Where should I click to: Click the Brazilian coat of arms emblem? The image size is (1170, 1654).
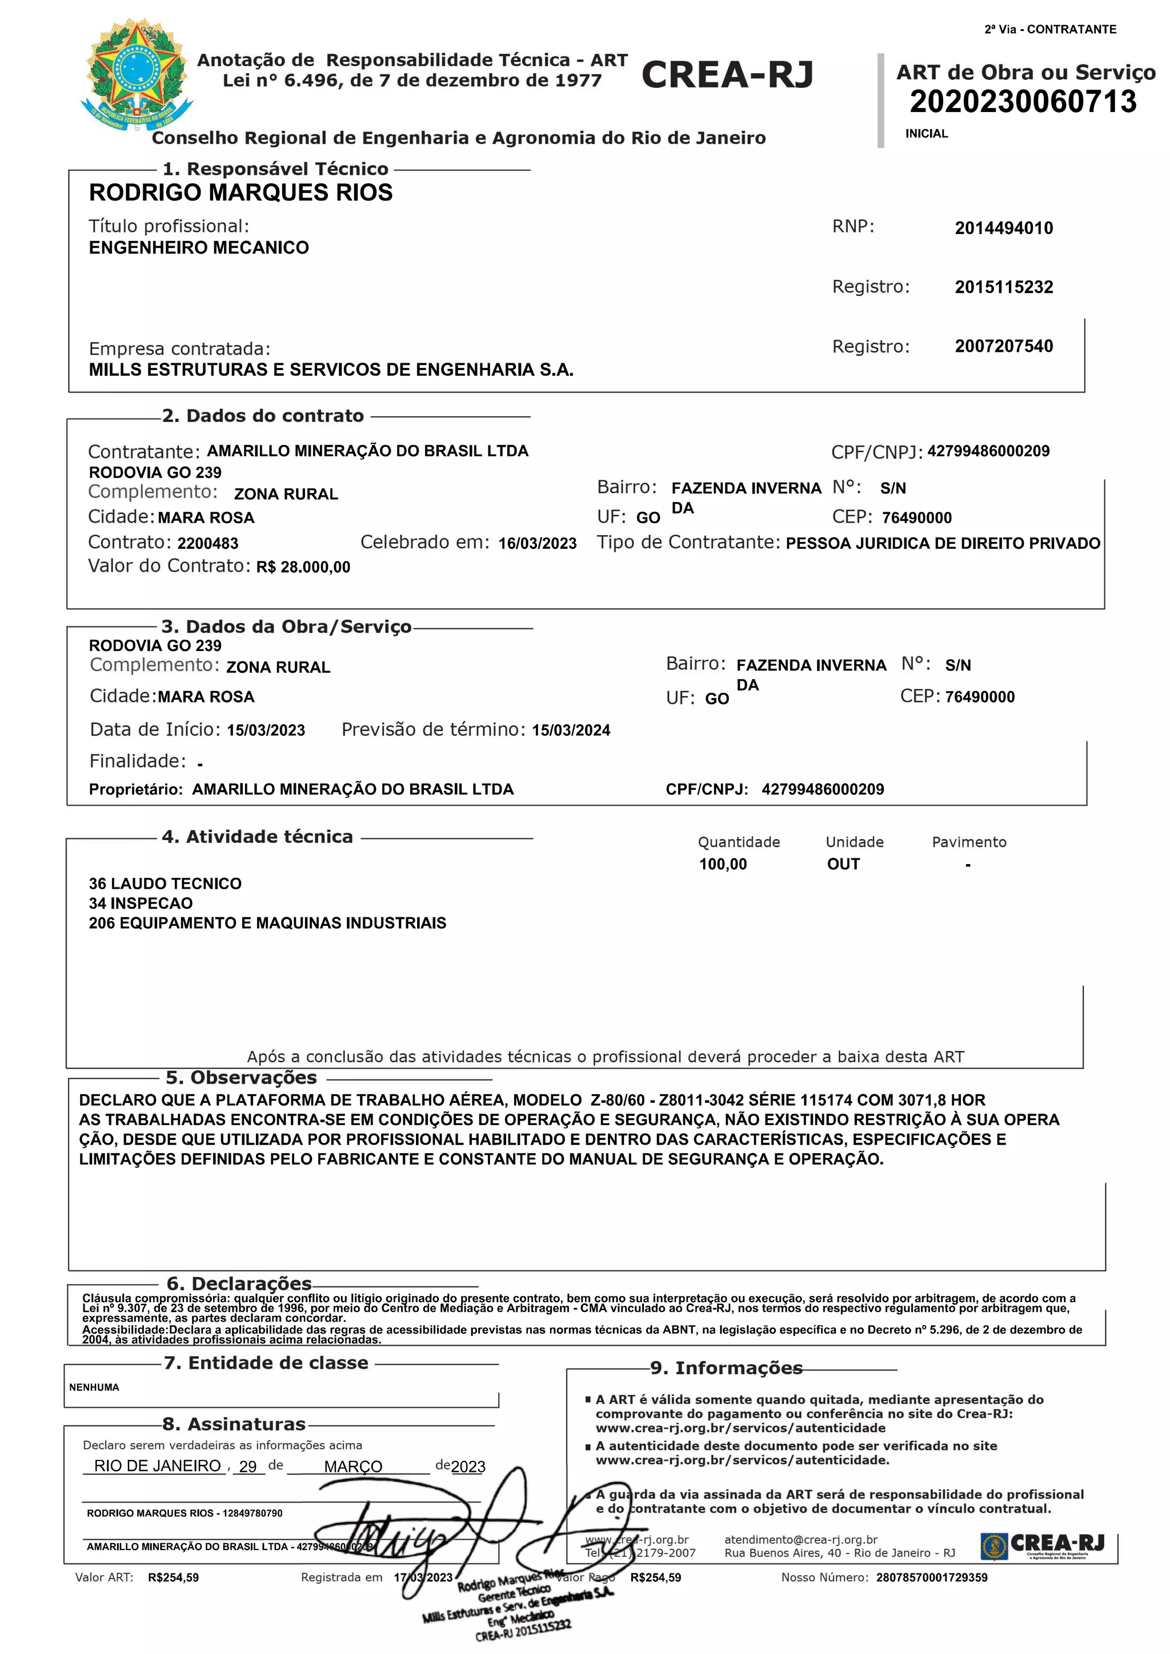(x=136, y=75)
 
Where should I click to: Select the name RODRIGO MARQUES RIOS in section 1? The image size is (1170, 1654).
(x=241, y=192)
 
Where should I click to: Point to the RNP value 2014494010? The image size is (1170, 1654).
(x=1004, y=228)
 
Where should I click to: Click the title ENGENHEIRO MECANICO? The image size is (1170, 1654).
(x=199, y=247)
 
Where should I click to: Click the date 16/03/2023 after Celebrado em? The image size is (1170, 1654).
(x=538, y=543)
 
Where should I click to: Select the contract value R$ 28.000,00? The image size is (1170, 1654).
(x=303, y=567)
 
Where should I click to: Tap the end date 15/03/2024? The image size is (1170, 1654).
(x=571, y=730)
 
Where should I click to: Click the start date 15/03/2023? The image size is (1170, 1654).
(x=266, y=730)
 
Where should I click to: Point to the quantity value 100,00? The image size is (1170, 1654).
(x=723, y=865)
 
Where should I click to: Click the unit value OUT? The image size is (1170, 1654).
(x=843, y=865)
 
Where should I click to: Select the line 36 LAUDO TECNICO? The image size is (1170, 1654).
(x=165, y=884)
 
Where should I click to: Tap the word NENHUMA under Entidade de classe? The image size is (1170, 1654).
(x=94, y=1387)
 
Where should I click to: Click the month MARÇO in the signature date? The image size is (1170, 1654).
(x=353, y=1466)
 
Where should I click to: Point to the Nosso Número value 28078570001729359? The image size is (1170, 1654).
(x=932, y=1577)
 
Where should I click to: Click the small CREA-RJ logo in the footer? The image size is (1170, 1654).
(x=1042, y=1545)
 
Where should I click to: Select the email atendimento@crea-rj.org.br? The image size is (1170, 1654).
(x=800, y=1539)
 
